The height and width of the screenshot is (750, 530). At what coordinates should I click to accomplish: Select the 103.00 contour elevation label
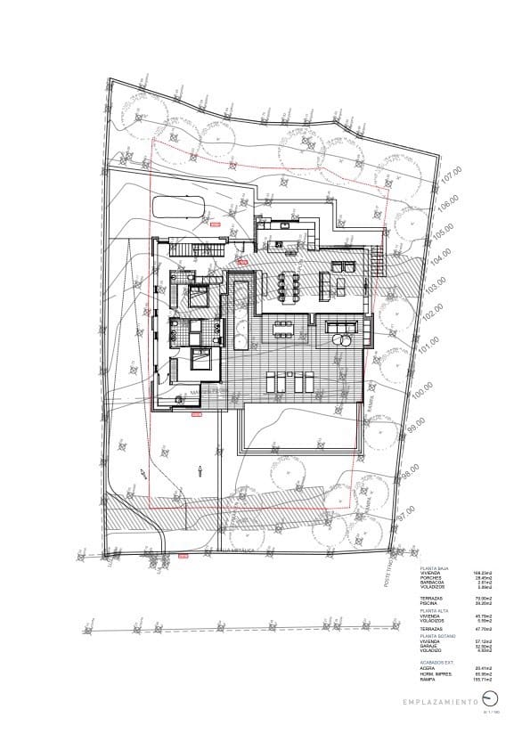(x=435, y=289)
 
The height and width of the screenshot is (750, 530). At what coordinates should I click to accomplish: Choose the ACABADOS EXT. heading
(x=436, y=663)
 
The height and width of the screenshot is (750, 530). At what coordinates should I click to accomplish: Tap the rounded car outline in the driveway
(x=180, y=208)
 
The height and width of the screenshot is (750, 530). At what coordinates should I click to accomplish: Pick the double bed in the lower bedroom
(x=201, y=359)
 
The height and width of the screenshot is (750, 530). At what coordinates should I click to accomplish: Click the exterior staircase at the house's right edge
(x=378, y=261)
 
